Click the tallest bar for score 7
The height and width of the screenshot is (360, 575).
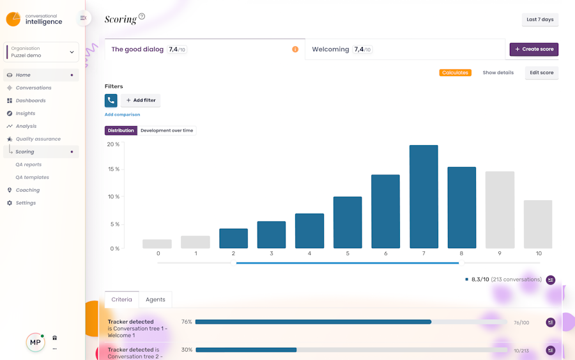pos(424,196)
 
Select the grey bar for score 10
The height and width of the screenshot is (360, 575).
pos(537,224)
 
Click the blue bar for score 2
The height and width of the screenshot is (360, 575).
pos(233,238)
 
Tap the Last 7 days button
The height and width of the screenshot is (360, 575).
pos(540,20)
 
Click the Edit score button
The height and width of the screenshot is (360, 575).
pos(541,73)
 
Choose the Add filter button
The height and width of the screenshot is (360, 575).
pos(141,100)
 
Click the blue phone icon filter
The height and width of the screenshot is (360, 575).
pos(111,100)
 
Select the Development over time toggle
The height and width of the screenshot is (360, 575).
pos(167,130)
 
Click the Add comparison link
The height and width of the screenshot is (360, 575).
pos(122,114)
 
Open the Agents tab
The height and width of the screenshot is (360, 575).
pos(155,299)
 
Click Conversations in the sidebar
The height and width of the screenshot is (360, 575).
pos(33,88)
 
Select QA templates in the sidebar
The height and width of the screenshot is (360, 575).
pos(32,177)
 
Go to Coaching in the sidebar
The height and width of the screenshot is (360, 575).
pos(27,190)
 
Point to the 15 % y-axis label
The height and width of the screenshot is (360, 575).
pos(113,169)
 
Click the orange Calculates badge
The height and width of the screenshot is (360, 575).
pos(455,73)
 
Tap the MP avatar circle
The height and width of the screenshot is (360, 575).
pos(35,343)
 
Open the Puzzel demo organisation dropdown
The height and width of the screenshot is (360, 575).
pos(42,52)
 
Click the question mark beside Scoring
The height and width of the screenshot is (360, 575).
pos(142,17)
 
